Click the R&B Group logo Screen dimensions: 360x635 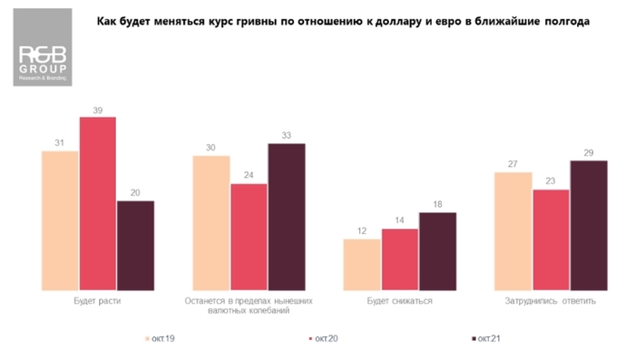click(43, 55)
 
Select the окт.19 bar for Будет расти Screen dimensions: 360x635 click(60, 220)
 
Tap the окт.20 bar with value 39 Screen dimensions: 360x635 click(98, 203)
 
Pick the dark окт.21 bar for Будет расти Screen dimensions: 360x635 click(135, 245)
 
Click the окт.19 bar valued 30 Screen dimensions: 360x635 click(211, 223)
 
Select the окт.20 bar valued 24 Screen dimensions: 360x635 click(249, 237)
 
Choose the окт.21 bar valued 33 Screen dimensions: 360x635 click(287, 217)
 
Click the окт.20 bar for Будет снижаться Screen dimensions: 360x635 click(400, 259)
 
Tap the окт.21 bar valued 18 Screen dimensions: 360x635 click(437, 251)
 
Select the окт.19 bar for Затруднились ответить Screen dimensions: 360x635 click(513, 230)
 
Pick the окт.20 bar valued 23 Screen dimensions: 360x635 click(551, 239)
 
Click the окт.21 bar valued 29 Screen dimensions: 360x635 click(589, 226)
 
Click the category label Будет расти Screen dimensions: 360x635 click(96, 301)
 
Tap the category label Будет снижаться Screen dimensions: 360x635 click(399, 301)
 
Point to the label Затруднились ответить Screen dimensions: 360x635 click(551, 301)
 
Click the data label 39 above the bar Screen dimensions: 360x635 click(98, 110)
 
